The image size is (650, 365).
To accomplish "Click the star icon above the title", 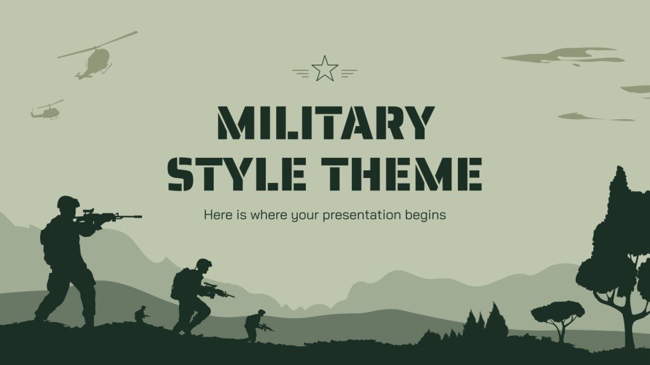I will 325,69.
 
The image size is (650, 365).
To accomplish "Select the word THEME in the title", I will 405,174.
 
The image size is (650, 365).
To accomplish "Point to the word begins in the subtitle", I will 424,215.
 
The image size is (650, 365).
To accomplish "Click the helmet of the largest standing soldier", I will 68,202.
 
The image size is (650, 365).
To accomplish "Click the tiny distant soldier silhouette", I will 142,314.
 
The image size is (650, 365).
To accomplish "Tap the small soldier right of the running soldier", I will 255,324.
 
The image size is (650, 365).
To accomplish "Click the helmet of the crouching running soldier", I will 203,264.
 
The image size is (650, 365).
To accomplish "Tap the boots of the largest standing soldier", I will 88,321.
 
